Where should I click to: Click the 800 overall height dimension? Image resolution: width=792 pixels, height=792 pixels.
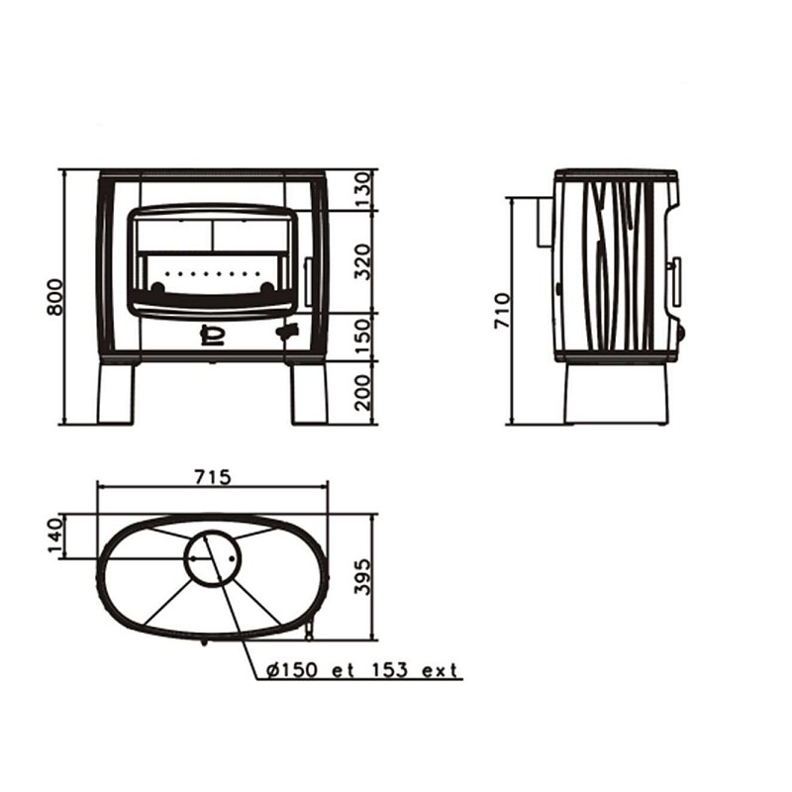(55, 296)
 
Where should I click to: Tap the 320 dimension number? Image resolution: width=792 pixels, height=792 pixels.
(362, 261)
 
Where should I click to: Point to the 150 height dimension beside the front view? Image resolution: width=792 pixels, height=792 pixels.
(362, 337)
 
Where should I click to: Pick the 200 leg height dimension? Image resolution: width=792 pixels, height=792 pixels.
(362, 392)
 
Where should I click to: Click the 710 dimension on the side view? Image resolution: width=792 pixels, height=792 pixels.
(503, 311)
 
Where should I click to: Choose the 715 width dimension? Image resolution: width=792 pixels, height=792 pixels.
(213, 476)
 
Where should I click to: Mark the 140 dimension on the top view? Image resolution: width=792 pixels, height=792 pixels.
(55, 536)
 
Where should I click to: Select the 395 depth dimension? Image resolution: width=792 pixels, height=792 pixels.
(362, 576)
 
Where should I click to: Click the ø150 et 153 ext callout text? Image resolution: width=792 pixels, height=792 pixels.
(362, 670)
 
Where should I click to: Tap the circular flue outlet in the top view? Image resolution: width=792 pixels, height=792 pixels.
(213, 557)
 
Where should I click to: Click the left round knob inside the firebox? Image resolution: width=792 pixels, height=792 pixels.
(157, 287)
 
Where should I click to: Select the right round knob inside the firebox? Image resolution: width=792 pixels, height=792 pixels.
(266, 287)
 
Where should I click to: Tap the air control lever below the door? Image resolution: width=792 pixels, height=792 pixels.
(287, 332)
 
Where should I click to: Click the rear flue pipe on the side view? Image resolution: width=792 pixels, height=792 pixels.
(545, 222)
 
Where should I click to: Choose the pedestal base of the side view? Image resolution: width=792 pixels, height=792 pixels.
(617, 393)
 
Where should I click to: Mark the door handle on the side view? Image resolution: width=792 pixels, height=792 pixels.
(675, 281)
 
